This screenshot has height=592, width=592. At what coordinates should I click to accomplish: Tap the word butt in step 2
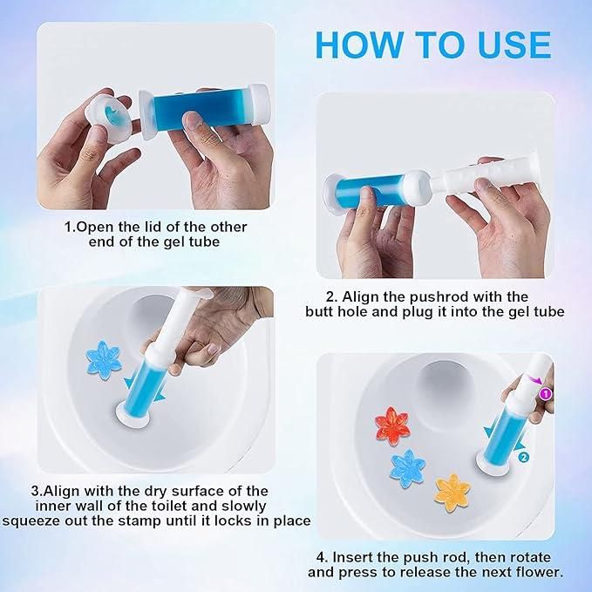click(x=323, y=311)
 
